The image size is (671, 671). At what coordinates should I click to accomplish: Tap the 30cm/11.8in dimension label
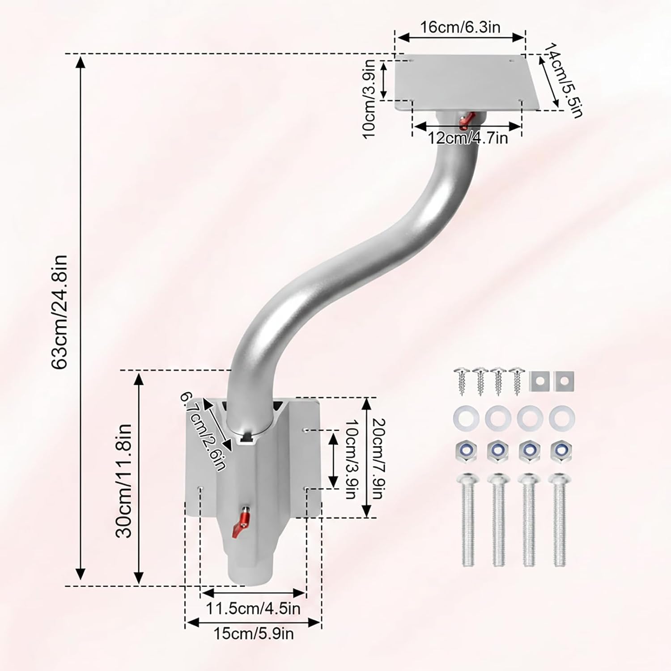pyautogui.click(x=124, y=480)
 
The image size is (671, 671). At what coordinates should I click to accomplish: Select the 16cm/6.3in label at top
pyautogui.click(x=460, y=27)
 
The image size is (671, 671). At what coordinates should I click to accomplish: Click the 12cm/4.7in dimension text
pyautogui.click(x=468, y=138)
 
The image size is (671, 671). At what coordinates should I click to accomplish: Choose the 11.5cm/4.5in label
pyautogui.click(x=253, y=608)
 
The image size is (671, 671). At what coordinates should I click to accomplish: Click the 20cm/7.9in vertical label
pyautogui.click(x=377, y=459)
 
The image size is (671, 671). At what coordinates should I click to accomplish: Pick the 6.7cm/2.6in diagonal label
pyautogui.click(x=202, y=431)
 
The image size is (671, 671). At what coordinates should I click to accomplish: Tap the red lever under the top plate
pyautogui.click(x=466, y=119)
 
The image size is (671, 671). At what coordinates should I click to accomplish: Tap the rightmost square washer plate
pyautogui.click(x=564, y=380)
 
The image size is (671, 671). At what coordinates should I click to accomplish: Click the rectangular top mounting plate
pyautogui.click(x=467, y=83)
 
